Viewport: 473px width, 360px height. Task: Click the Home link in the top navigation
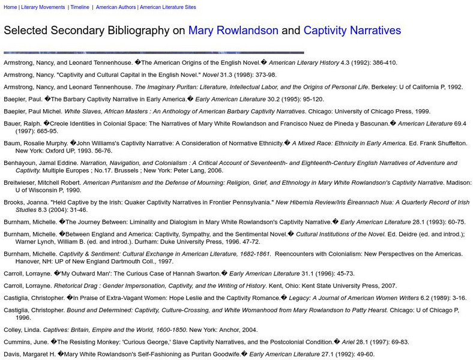(10, 7)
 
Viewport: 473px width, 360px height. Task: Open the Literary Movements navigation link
(42, 7)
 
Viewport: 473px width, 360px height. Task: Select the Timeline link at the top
(79, 7)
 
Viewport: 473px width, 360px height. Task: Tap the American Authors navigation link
(115, 7)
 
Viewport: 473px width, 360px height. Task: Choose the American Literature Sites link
(167, 7)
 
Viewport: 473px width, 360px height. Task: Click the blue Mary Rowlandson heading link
(233, 31)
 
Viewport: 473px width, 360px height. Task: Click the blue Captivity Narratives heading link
(352, 31)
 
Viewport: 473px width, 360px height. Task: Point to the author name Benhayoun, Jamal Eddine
(40, 163)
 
